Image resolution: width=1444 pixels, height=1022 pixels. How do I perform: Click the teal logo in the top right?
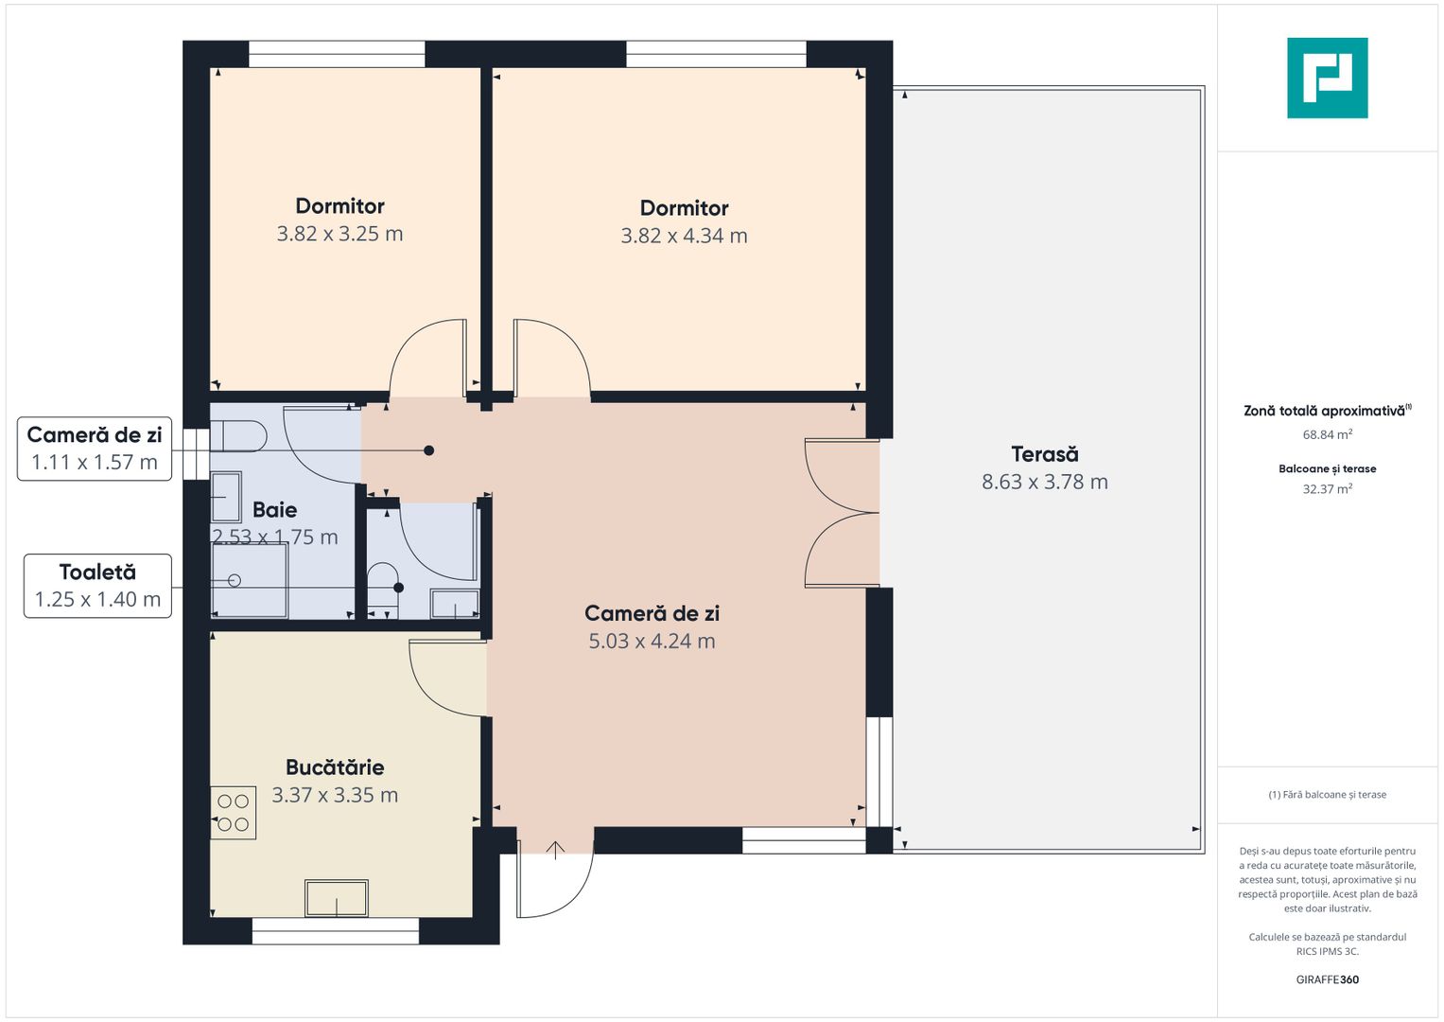pos(1327,78)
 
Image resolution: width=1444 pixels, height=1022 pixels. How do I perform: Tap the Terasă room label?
pos(1044,454)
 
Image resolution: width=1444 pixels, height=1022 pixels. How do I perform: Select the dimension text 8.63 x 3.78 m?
pos(1044,482)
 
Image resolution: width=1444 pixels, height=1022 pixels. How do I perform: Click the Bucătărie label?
pos(335,767)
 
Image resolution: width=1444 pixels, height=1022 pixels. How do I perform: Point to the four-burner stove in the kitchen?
pos(233,812)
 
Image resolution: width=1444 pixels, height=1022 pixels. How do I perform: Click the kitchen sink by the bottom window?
pos(337,897)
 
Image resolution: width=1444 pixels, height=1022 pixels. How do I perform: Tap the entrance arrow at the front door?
pos(555,850)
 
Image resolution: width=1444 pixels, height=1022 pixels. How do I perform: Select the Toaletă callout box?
pos(98,586)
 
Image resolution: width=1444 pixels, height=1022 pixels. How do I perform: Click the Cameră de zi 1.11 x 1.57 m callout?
pos(95,449)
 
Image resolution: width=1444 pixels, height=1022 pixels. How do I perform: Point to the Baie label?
pos(274,510)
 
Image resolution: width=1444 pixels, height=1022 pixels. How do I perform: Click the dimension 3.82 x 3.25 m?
pos(339,234)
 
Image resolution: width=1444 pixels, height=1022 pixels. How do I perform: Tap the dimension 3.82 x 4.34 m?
pos(684,236)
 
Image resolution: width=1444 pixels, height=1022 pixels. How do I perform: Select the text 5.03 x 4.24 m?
pos(652,642)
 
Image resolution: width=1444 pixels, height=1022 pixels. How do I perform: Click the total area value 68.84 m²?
pos(1328,434)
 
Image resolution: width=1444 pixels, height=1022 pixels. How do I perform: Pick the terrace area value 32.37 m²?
pos(1328,488)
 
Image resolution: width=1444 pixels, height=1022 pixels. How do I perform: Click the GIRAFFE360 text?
pos(1328,979)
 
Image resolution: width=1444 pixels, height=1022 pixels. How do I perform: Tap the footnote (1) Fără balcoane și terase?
pos(1328,795)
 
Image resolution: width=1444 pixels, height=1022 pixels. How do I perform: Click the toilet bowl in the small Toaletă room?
pos(383,585)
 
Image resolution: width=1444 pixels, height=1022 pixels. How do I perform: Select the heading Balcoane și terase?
pos(1328,469)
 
